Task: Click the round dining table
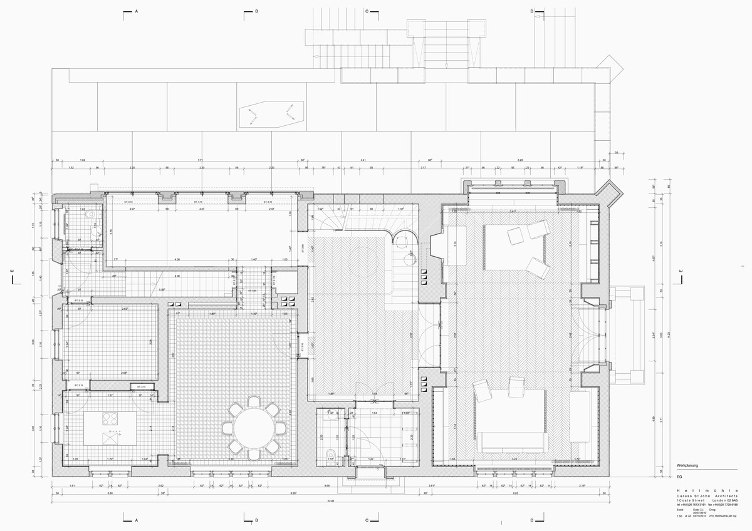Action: (254, 428)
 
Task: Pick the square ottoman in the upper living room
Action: (516, 236)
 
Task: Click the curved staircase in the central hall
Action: (332, 220)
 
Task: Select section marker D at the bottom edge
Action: (531, 520)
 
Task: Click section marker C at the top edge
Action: (368, 11)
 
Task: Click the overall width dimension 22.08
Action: (330, 502)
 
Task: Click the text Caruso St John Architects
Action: (707, 496)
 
